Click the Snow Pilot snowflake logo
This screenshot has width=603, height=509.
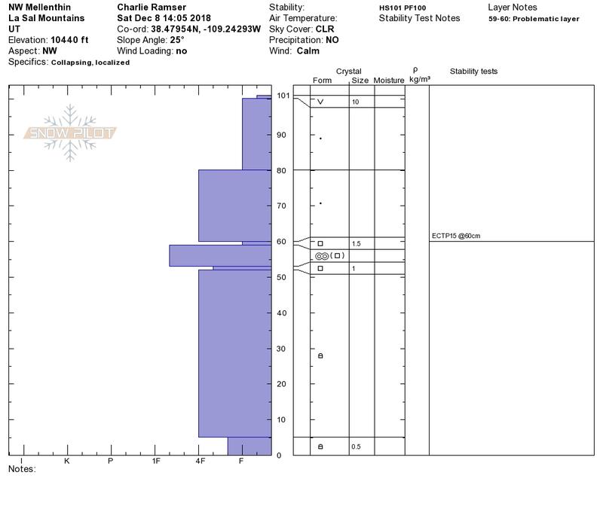pos(69,133)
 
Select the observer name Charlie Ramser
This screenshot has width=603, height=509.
pos(152,8)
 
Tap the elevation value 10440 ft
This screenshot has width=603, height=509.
pos(69,40)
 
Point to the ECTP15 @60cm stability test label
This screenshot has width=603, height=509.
pos(456,236)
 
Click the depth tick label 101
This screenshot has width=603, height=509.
pos(283,96)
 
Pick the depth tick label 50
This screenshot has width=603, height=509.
pos(281,277)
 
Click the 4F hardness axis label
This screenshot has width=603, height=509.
pos(200,461)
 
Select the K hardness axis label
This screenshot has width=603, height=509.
pos(66,461)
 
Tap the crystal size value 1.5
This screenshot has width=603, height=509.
pos(356,243)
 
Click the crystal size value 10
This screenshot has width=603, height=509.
pos(355,102)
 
